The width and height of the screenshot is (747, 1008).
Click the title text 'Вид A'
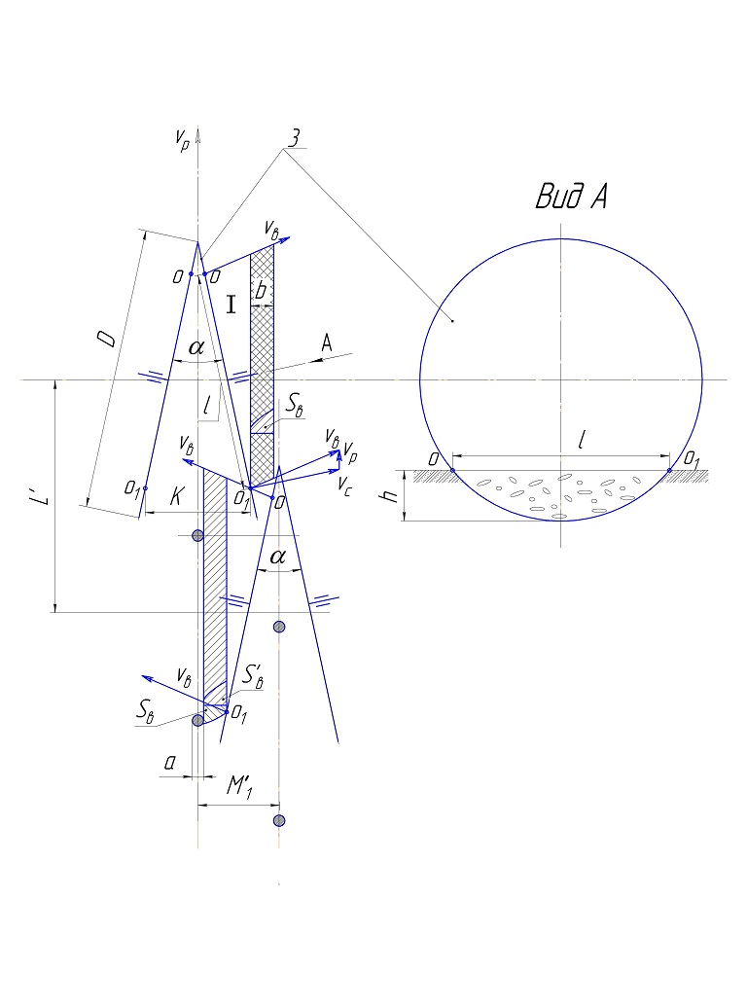(572, 197)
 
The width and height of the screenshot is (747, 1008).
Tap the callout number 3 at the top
(294, 137)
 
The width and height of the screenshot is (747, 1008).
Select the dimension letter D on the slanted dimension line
(107, 339)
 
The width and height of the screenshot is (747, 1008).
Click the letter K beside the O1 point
(177, 496)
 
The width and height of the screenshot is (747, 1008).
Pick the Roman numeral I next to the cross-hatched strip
(231, 305)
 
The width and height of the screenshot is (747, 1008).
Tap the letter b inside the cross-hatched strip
(261, 291)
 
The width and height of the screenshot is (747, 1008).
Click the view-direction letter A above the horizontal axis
(327, 342)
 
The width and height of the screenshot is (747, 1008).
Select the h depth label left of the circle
(388, 495)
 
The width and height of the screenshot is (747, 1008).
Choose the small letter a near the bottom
(169, 763)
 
